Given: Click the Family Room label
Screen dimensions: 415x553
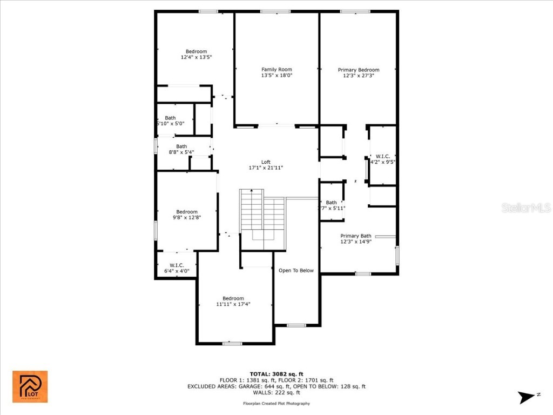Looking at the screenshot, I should pos(276,69).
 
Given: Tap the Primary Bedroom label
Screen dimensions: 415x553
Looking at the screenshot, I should pos(359,70).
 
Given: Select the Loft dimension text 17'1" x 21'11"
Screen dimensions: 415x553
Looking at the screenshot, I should pos(266,168).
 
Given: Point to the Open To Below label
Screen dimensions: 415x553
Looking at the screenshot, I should pos(295,270).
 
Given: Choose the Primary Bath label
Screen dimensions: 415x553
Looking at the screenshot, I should pos(356,236).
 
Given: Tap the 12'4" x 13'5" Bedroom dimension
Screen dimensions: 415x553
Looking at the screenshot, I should pos(196,57).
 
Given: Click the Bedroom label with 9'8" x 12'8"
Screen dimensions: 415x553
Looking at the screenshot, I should pos(187,212).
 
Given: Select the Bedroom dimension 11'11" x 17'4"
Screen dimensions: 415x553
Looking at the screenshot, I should pos(233,304).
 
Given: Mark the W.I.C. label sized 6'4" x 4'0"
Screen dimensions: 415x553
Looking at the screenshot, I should pos(177,265).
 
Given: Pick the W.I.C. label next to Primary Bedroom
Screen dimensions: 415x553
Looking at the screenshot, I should pos(383,156).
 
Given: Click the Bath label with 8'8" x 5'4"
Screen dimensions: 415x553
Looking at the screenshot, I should pos(181,146).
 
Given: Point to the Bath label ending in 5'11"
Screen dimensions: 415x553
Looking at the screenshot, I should pos(331,203).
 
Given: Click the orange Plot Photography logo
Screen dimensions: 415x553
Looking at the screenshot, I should pos(30,386).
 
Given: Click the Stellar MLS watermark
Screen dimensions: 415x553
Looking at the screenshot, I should pos(525,207).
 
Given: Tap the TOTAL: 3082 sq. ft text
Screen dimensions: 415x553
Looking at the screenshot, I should pos(276,374).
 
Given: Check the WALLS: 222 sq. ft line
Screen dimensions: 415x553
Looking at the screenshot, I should pos(276,393).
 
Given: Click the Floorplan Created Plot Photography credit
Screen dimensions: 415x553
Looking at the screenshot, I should pos(276,404).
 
